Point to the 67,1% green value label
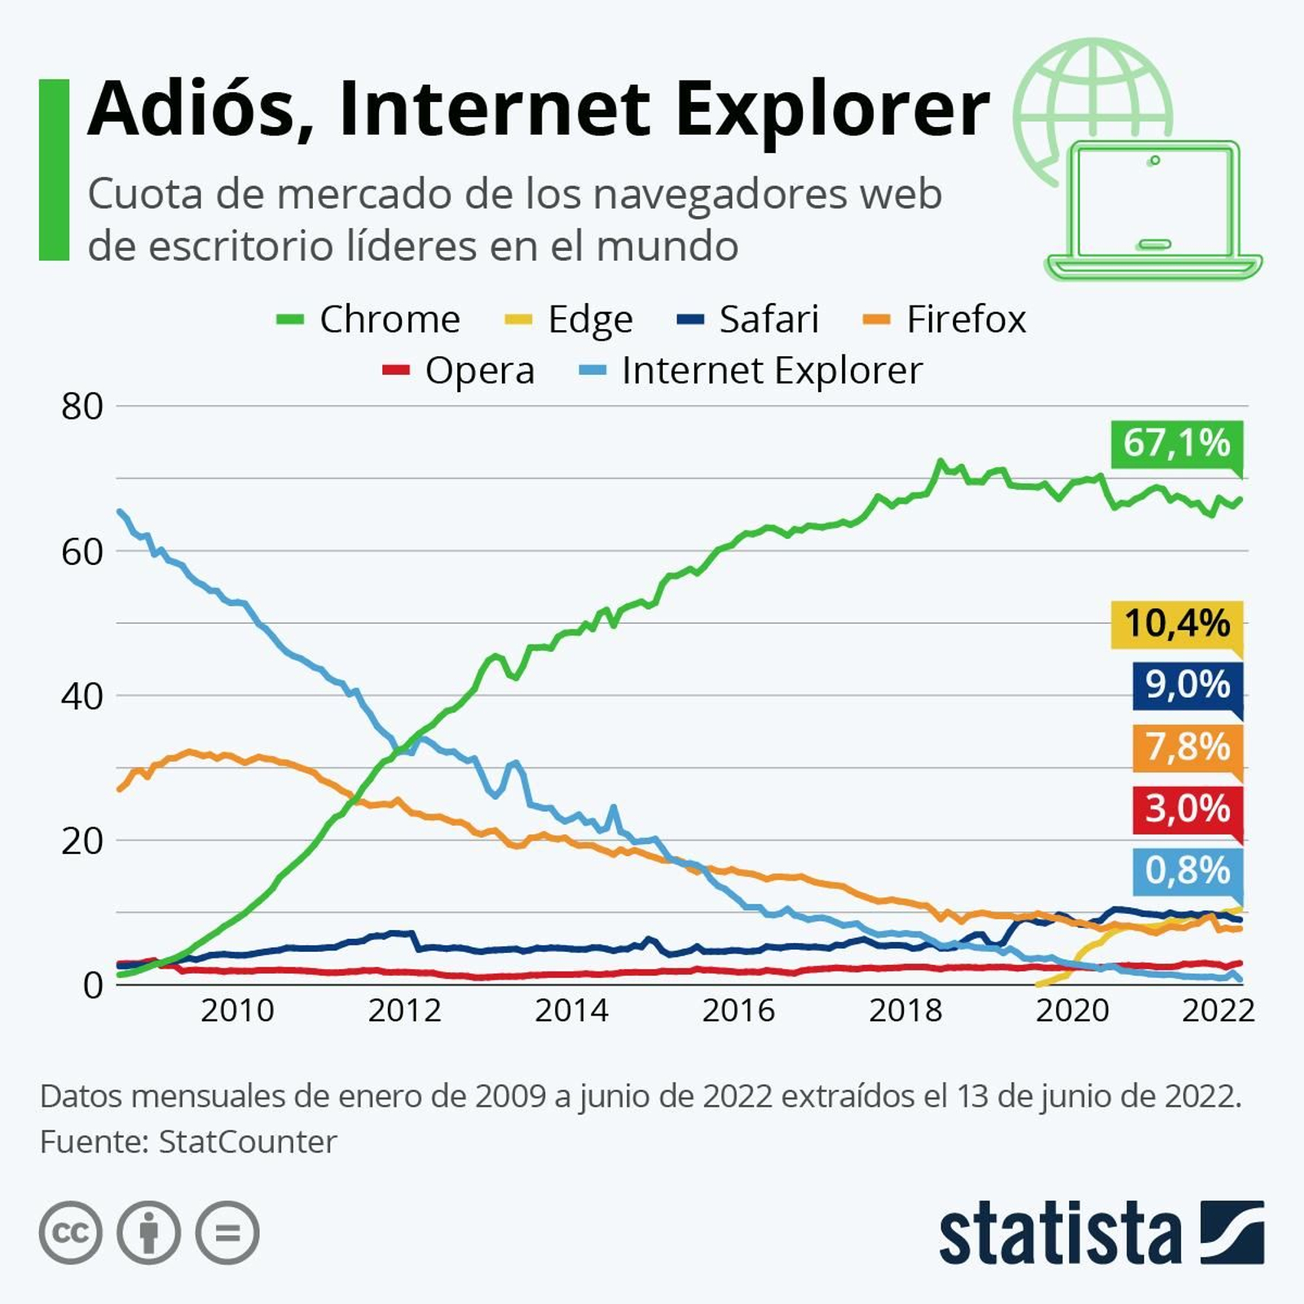coord(1176,443)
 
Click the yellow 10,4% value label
coord(1176,623)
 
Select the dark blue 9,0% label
coord(1187,685)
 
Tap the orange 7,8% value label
coord(1187,747)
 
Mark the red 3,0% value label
coord(1187,808)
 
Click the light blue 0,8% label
coord(1187,870)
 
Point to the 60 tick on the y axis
coord(81,553)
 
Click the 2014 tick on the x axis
coord(571,1011)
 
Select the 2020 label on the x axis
coord(1072,1011)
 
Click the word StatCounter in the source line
coord(247,1142)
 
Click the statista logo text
coord(1059,1234)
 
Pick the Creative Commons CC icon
coord(71,1232)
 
